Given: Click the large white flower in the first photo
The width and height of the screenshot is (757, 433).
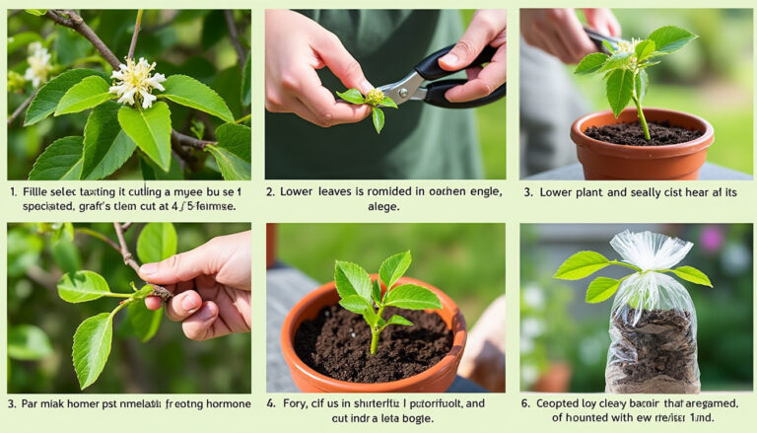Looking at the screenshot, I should tap(136, 81).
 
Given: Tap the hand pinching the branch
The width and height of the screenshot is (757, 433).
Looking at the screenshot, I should tap(201, 285).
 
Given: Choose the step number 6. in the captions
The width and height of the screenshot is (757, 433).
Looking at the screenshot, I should tap(525, 402).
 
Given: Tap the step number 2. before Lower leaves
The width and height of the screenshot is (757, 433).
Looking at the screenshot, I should tap(271, 191).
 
